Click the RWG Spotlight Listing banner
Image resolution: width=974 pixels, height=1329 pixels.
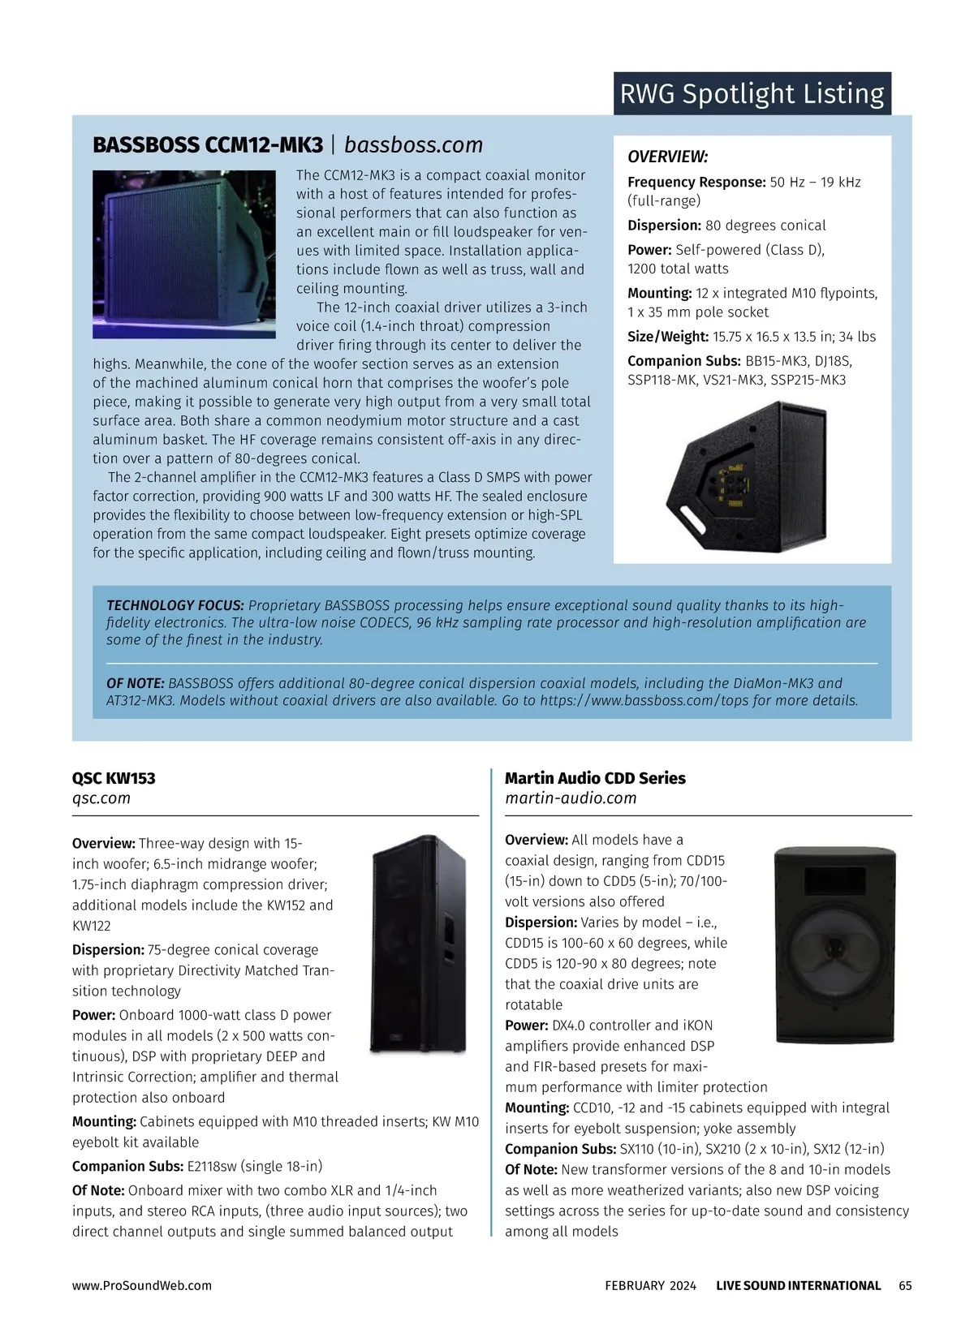click(x=752, y=94)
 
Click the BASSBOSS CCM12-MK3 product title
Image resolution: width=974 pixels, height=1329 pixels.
click(x=208, y=145)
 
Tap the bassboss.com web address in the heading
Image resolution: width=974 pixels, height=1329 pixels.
click(x=413, y=145)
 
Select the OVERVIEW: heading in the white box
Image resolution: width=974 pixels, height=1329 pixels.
click(x=667, y=157)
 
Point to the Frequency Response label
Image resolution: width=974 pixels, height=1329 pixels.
click(x=696, y=183)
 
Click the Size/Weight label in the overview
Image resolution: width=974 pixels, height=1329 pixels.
click(x=668, y=337)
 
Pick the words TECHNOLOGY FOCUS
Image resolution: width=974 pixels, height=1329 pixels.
click(x=175, y=605)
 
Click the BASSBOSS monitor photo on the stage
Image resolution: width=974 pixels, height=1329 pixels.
click(x=183, y=254)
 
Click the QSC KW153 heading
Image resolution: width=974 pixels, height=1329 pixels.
click(x=114, y=778)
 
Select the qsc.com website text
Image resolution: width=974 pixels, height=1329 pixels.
click(x=101, y=798)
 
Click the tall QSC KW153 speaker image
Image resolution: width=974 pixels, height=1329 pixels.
click(x=419, y=944)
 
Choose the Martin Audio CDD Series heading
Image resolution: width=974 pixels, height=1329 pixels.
click(x=595, y=778)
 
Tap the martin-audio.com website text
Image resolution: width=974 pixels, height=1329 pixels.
click(x=571, y=798)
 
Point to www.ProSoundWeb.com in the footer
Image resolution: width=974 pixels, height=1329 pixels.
click(x=142, y=1285)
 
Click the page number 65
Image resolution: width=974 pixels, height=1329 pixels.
click(x=905, y=1285)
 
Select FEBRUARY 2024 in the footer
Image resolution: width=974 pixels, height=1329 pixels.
click(x=650, y=1285)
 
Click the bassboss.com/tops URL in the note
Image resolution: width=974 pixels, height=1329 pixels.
click(x=630, y=700)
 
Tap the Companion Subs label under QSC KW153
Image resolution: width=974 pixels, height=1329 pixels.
click(x=127, y=1167)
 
